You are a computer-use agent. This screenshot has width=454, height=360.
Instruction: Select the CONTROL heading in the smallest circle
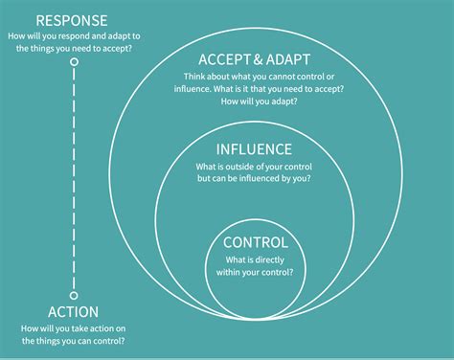[x=254, y=243]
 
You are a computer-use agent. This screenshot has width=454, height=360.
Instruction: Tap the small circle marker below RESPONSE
[x=74, y=63]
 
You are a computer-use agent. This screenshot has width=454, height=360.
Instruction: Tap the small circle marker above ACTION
[x=74, y=294]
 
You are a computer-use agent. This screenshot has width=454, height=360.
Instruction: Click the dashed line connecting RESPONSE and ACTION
[x=74, y=182]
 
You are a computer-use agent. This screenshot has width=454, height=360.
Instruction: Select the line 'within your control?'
[x=254, y=273]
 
